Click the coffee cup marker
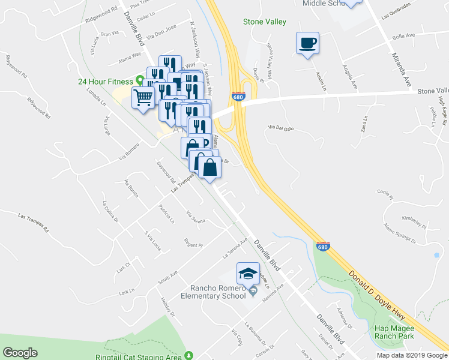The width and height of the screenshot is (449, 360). coord(307,43)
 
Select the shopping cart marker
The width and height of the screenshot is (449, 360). coord(143,97)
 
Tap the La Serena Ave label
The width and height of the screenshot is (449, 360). coord(236,247)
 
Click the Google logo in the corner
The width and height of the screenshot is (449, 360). coord(20,353)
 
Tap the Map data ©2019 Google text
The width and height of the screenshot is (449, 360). coord(412,355)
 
